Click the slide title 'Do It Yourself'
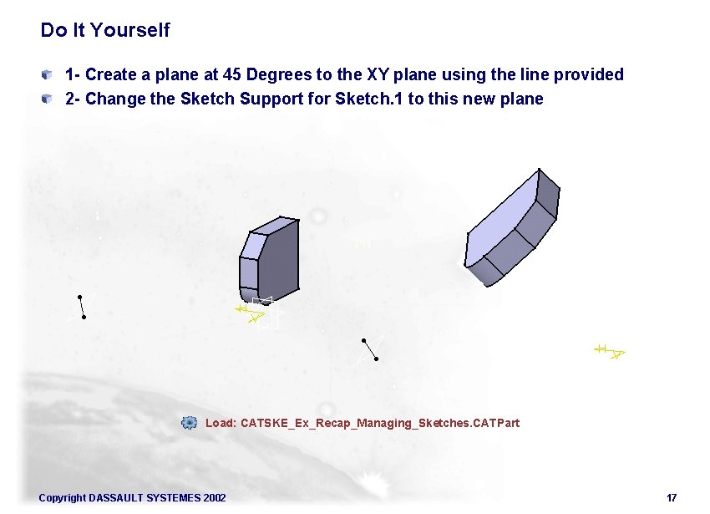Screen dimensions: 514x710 [104, 30]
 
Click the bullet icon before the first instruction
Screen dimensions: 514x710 [51, 74]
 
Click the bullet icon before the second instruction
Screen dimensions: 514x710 [51, 99]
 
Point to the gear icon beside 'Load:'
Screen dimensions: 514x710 [190, 423]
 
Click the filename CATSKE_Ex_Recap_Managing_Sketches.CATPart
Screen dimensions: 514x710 [379, 423]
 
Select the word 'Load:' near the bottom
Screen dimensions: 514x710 [221, 423]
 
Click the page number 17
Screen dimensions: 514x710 [672, 498]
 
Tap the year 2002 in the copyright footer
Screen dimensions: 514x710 [214, 498]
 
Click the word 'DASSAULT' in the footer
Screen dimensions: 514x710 [115, 498]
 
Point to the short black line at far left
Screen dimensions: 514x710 [81, 307]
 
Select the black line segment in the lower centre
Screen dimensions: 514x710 [370, 349]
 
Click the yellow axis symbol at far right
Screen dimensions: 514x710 [610, 351]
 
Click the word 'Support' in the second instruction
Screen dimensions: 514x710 [298, 99]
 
